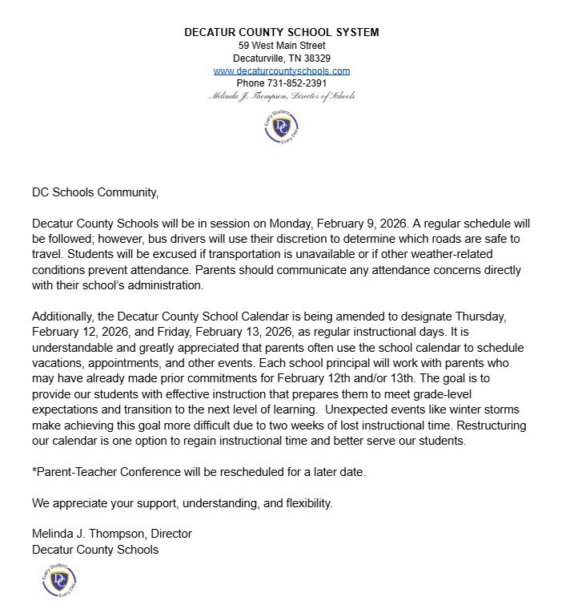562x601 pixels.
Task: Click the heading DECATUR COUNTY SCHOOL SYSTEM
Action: [281, 33]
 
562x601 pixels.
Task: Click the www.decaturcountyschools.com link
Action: [281, 71]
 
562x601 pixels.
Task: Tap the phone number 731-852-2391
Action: [296, 83]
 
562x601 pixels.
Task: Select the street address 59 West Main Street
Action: [281, 46]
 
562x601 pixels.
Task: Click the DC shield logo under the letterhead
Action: [281, 127]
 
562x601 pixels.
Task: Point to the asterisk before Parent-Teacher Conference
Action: [34, 471]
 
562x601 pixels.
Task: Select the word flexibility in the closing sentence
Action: [303, 503]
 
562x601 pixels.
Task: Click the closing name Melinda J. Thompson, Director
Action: [112, 534]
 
